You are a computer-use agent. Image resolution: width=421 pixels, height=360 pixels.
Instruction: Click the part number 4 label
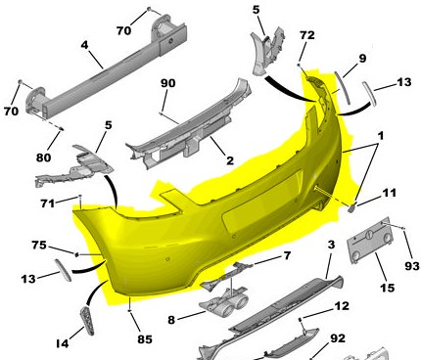84,45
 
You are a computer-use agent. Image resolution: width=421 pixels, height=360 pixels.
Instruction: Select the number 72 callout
307,35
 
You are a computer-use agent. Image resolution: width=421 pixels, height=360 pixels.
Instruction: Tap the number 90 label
168,83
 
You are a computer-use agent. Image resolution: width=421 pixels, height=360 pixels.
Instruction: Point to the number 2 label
230,160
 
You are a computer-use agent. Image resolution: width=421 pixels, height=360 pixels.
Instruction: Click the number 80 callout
43,157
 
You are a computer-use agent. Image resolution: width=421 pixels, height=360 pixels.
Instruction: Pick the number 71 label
47,203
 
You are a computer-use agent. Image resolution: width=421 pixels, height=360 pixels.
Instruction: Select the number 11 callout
389,193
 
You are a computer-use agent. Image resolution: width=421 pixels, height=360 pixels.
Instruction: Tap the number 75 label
39,245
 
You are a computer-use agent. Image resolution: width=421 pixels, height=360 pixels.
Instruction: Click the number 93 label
412,266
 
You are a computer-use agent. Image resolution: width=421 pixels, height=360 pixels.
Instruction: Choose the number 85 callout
145,339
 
